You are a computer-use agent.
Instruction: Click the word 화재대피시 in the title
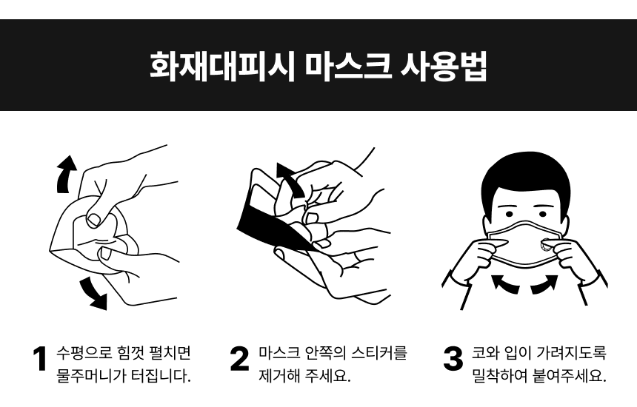tap(222, 66)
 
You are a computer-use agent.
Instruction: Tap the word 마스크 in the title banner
tap(348, 66)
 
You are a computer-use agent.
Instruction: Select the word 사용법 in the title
tap(444, 66)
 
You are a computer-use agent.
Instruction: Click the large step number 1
tap(40, 359)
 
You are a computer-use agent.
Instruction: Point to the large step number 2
tap(239, 359)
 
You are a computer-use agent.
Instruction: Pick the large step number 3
tap(453, 359)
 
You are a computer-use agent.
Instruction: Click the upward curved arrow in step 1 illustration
tap(65, 174)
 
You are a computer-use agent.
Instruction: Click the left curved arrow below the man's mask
tap(505, 283)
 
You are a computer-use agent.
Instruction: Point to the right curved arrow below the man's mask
tap(544, 283)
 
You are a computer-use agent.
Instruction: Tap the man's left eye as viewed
tap(509, 214)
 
